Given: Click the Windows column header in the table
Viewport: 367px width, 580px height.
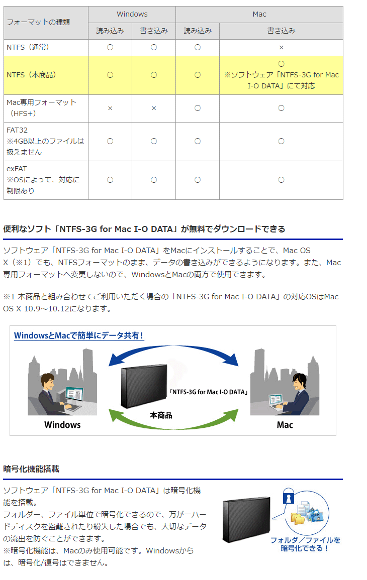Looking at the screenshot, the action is [x=132, y=14].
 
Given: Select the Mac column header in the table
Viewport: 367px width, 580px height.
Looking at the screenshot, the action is [x=259, y=14].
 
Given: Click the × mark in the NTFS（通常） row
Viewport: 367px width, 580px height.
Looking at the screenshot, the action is [x=281, y=47].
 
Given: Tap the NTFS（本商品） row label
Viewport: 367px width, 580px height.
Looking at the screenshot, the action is [x=32, y=75].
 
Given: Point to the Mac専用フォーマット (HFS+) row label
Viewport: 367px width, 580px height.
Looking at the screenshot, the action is [x=42, y=107].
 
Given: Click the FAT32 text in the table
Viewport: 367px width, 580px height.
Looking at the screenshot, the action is [x=17, y=130].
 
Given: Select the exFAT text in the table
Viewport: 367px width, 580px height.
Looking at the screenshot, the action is [x=17, y=169].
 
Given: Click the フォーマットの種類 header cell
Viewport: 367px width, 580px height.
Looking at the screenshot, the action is [x=38, y=22].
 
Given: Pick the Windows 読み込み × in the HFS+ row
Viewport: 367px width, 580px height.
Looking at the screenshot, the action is [x=110, y=108].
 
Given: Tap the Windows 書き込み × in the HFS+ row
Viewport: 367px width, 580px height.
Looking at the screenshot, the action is [x=154, y=108].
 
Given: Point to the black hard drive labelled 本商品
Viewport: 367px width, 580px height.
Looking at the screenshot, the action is [x=144, y=386].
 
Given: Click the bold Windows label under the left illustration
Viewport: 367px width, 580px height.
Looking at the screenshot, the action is [x=62, y=425].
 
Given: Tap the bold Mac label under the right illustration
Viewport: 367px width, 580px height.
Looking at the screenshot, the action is [x=285, y=425].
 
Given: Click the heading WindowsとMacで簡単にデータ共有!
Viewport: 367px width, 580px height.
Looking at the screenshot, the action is [x=78, y=335].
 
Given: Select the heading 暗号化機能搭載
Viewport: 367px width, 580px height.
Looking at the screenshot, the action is [x=31, y=469].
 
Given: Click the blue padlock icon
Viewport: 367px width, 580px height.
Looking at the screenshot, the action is [x=288, y=496].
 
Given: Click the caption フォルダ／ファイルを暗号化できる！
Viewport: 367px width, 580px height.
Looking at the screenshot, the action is [x=305, y=544].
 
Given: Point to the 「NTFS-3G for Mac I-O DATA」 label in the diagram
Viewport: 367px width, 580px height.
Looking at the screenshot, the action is [x=209, y=392].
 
